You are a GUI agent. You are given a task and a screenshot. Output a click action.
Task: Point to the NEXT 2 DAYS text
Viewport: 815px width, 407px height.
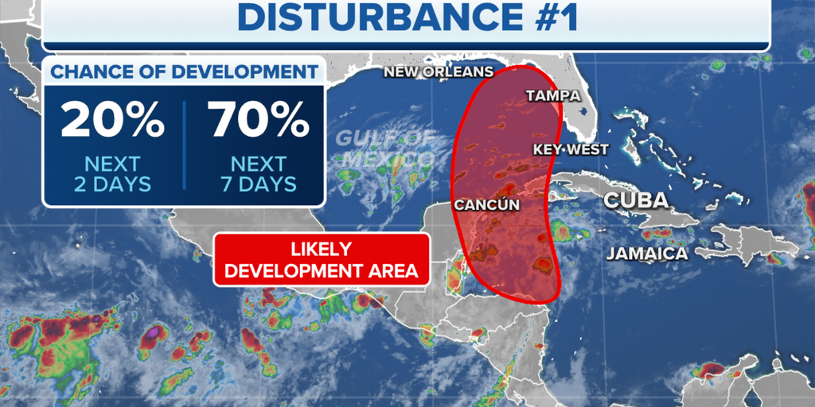click(112, 174)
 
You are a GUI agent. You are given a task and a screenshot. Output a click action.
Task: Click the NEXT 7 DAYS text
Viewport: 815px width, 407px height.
click(259, 174)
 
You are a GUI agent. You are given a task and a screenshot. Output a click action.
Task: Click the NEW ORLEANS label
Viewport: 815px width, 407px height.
click(439, 72)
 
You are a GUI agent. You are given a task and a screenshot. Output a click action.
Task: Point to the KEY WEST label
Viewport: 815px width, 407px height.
click(571, 149)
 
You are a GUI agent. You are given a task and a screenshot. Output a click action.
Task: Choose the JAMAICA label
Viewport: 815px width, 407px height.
click(647, 254)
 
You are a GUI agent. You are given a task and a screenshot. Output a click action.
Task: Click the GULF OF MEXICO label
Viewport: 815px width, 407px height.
click(386, 147)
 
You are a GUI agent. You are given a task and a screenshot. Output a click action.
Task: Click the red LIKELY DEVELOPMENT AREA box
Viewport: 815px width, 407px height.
click(322, 260)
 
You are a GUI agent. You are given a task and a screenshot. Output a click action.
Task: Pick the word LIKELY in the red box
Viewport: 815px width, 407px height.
click(322, 249)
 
